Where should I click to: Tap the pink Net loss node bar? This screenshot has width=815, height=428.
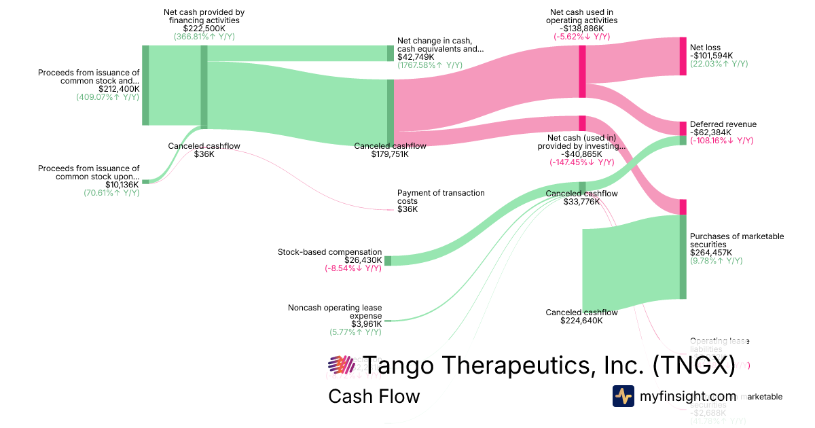pos(683,56)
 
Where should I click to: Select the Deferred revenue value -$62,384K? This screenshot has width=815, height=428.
pos(712,132)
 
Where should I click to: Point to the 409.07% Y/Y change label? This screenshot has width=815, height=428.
pos(108,97)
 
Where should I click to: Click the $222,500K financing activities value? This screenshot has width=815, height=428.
pos(204,29)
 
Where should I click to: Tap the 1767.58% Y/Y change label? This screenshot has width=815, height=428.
pos(430,65)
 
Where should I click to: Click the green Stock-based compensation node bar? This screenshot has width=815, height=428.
pos(388,261)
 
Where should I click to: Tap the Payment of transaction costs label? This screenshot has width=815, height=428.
pos(441,197)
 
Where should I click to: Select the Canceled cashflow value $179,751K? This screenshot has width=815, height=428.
pos(389,154)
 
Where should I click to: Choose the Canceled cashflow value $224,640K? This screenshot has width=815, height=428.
pos(581,321)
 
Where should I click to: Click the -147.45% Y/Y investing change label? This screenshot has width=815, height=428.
pos(581,163)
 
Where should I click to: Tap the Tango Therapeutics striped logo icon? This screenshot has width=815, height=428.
pos(342,365)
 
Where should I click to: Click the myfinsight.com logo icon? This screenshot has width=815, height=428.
pos(623,396)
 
